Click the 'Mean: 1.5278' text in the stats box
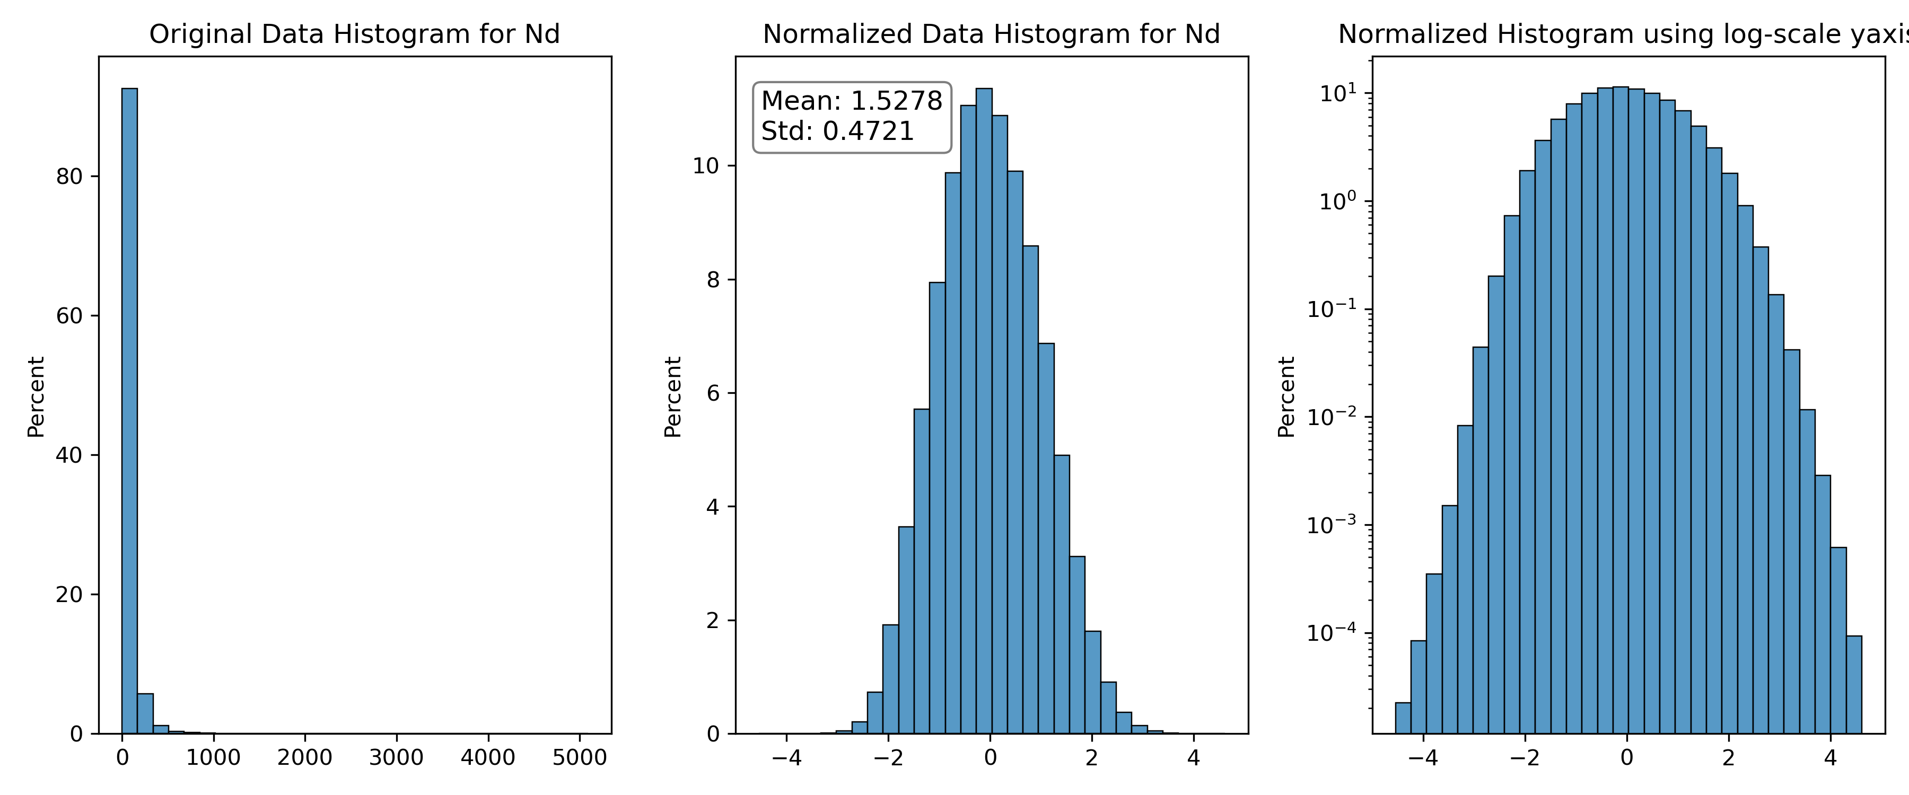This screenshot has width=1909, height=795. [x=852, y=101]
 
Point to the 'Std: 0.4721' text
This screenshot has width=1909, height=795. [x=837, y=131]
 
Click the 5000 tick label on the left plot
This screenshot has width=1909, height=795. [x=580, y=757]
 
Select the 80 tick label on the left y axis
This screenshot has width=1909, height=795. [x=69, y=176]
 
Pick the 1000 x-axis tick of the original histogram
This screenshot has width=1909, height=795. [x=213, y=757]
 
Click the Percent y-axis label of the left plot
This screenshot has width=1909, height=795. [x=36, y=396]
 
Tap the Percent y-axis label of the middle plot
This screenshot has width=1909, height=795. [x=673, y=396]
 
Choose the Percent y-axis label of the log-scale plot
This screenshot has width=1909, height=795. [x=1287, y=396]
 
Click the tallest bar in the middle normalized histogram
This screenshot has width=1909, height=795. [x=984, y=411]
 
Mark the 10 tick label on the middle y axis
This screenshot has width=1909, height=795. [x=706, y=166]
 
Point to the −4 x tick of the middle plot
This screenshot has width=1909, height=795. [x=786, y=757]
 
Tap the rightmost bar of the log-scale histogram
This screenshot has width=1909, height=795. [x=1854, y=685]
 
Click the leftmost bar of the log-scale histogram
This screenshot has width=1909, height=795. [x=1403, y=718]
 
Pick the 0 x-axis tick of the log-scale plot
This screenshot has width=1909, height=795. [x=1627, y=757]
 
